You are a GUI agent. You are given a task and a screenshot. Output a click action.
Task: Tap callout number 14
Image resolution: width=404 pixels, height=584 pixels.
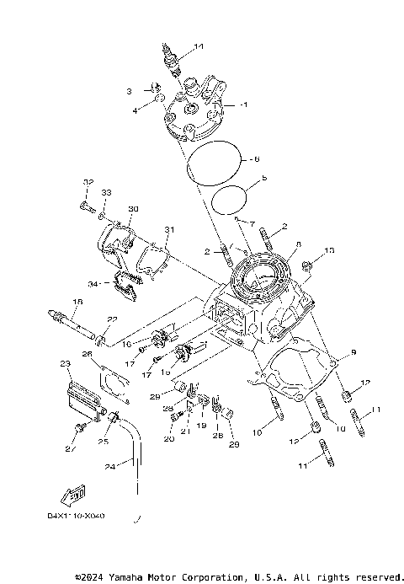pyautogui.click(x=199, y=46)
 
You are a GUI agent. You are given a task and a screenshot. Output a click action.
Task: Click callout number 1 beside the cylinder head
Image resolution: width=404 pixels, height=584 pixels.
pyautogui.click(x=244, y=104)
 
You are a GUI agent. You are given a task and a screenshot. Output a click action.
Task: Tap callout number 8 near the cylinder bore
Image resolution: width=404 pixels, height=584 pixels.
pyautogui.click(x=298, y=245)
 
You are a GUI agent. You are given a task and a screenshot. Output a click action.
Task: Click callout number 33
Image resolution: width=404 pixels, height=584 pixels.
pyautogui.click(x=107, y=193)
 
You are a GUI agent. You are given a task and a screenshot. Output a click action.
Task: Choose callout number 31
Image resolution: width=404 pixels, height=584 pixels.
pyautogui.click(x=168, y=230)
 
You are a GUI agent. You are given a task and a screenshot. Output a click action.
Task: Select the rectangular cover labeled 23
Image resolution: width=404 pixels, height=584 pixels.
pyautogui.click(x=77, y=395)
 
